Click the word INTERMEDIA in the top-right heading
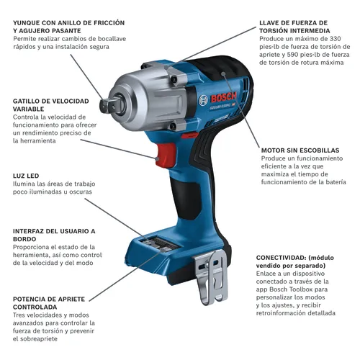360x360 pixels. (305, 32)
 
